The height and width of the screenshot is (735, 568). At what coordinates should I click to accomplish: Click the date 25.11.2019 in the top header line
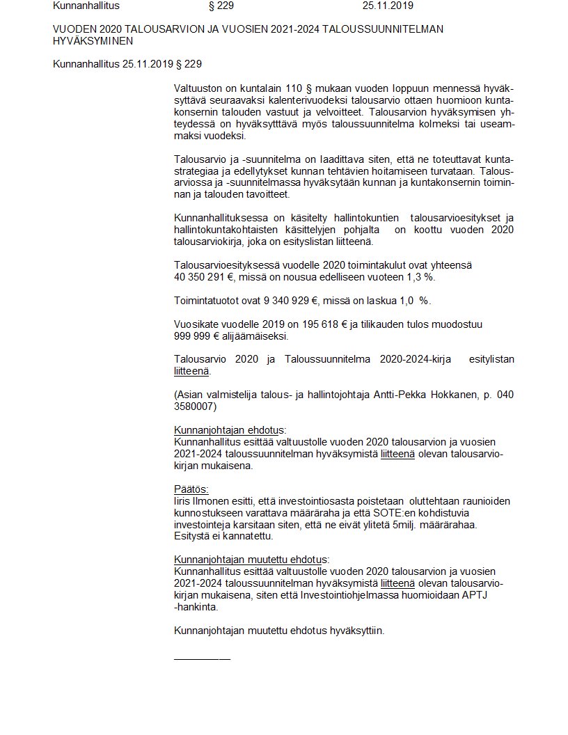388,6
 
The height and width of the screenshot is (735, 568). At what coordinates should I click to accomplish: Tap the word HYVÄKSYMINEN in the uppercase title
93,41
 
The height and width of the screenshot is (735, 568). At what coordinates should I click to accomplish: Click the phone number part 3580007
194,406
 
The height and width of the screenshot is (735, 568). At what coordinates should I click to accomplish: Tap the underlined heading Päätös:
191,489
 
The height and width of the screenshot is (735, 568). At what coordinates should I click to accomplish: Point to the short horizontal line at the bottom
202,658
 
